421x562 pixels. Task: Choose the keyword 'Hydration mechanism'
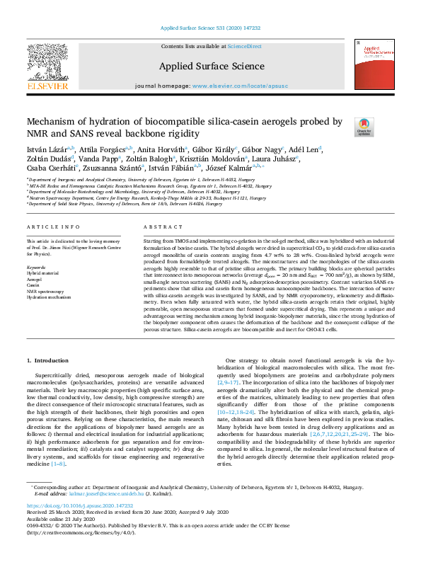(50, 296)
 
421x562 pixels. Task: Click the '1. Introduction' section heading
(47, 361)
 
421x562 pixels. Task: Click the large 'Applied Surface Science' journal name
(212, 67)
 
